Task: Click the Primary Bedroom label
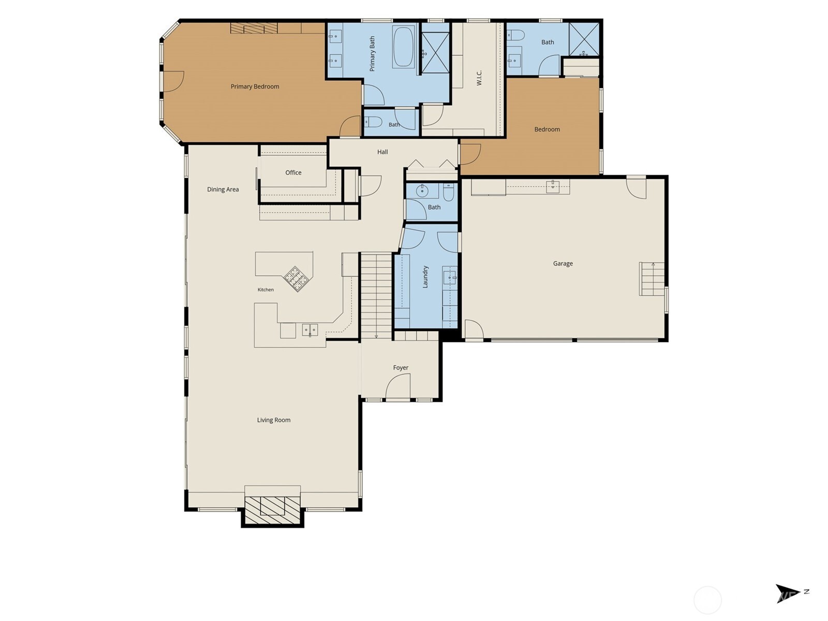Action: pyautogui.click(x=255, y=86)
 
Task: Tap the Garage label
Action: pyautogui.click(x=563, y=263)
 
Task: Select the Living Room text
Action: pyautogui.click(x=273, y=420)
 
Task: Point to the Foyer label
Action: pyautogui.click(x=401, y=367)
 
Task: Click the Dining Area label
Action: pyautogui.click(x=223, y=189)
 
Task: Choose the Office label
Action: pyautogui.click(x=293, y=173)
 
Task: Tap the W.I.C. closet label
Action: pyautogui.click(x=479, y=78)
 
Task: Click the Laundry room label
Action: pyautogui.click(x=425, y=277)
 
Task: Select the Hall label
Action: pyautogui.click(x=382, y=152)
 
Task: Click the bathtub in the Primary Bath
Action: pyautogui.click(x=403, y=47)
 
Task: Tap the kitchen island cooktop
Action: pyautogui.click(x=297, y=279)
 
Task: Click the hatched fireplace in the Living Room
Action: pyautogui.click(x=272, y=510)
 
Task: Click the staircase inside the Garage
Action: pyautogui.click(x=652, y=279)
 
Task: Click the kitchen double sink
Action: pyautogui.click(x=309, y=330)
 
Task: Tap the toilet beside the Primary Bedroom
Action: pyautogui.click(x=373, y=122)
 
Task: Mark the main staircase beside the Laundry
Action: pyautogui.click(x=376, y=295)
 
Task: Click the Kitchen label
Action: pyautogui.click(x=265, y=290)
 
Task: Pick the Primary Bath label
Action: pyautogui.click(x=372, y=53)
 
